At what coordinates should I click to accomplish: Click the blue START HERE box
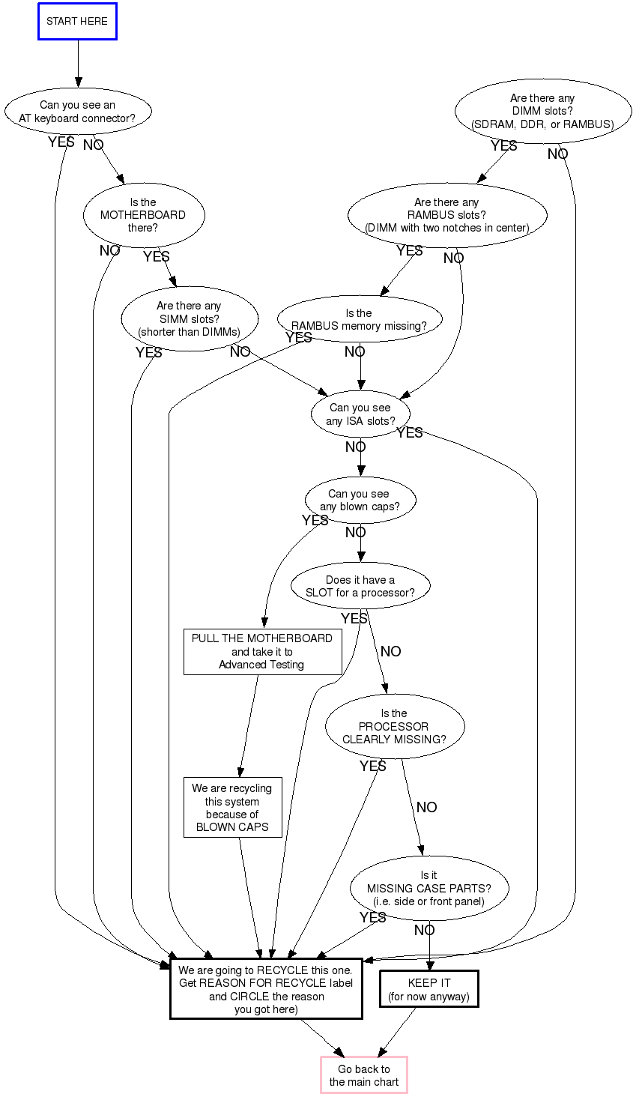pos(77,22)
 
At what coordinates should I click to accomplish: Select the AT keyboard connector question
pos(77,112)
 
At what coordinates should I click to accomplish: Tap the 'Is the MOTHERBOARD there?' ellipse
pos(143,215)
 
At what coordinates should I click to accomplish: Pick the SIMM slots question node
pos(189,319)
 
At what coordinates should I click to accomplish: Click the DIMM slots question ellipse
pos(542,111)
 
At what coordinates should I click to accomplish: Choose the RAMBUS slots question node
pos(447,215)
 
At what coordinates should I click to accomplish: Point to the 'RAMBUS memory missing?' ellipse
pos(360,319)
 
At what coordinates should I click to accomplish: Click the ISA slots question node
pos(360,414)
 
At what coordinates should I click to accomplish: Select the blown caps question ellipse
pos(360,501)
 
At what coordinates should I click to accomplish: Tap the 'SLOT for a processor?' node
pos(360,586)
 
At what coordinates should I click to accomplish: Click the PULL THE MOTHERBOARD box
pos(262,652)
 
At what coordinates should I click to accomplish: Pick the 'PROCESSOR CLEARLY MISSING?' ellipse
pos(395,726)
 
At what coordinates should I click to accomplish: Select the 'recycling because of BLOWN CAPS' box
pos(232,807)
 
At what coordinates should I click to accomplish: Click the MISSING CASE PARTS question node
pos(429,888)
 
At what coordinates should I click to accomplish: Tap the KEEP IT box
pos(429,989)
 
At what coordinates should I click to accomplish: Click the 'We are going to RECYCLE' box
pos(266,989)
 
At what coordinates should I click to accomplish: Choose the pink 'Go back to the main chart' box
pos(364,1075)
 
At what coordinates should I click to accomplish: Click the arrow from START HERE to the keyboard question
pos(78,64)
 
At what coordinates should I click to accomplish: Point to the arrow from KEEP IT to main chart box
pos(398,1032)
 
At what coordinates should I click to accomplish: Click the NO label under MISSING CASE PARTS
pos(425,930)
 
